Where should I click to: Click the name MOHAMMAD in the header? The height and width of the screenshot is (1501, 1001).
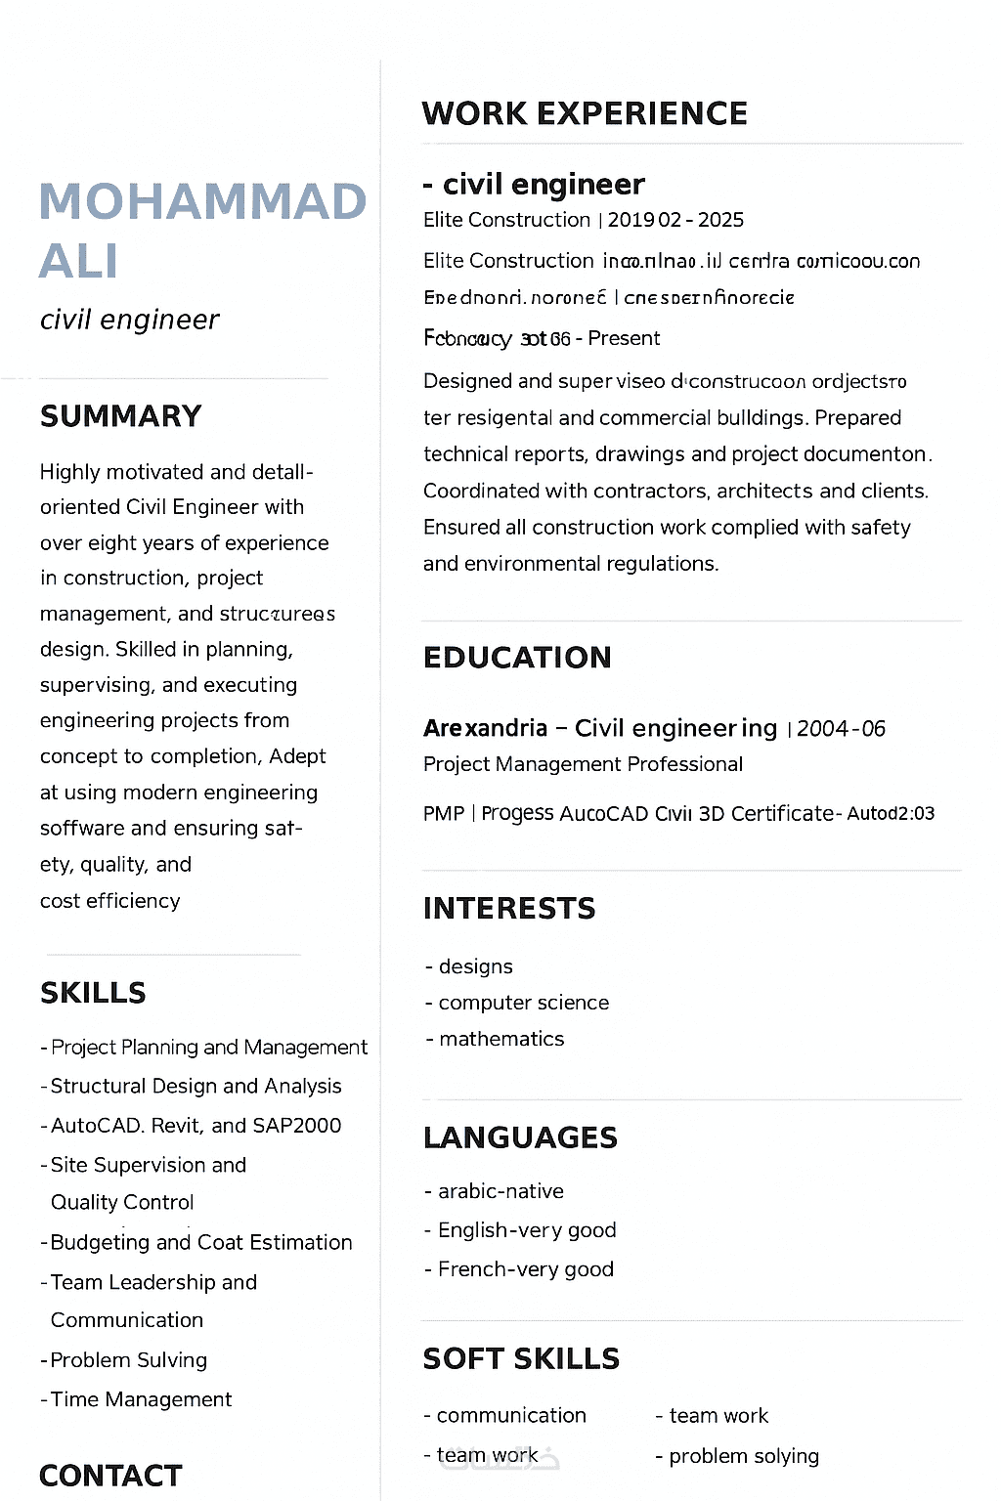pos(202,202)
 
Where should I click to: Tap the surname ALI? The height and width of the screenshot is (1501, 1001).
pos(78,261)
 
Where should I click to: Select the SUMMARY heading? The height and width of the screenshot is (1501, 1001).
pos(120,416)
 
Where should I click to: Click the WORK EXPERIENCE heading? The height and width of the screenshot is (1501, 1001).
pos(585,113)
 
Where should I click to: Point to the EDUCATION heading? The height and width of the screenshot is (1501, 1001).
pos(517,658)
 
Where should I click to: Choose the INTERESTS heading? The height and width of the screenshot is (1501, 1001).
pos(508,909)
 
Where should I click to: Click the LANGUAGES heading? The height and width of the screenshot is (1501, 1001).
pos(520,1137)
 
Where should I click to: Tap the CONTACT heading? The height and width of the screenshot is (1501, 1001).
pos(110,1476)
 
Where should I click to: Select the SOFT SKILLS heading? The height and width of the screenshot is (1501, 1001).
pos(521,1359)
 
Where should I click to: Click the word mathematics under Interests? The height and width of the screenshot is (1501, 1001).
pos(501,1039)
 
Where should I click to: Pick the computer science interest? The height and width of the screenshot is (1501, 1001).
pos(523,1003)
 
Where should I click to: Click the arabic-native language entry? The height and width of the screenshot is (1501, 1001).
pos(500,1191)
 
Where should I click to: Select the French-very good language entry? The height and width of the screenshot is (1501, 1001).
pos(526,1269)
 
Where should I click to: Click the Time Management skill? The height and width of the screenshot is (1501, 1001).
pos(141,1399)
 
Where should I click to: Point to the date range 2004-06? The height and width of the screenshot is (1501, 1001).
pos(841,729)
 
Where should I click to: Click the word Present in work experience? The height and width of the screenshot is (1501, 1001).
pos(624,338)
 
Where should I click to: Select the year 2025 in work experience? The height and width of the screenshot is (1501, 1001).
pos(720,220)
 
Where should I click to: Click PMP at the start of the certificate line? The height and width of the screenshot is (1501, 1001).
pos(443,814)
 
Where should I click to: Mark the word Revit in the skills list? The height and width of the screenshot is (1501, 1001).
pos(176,1126)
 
